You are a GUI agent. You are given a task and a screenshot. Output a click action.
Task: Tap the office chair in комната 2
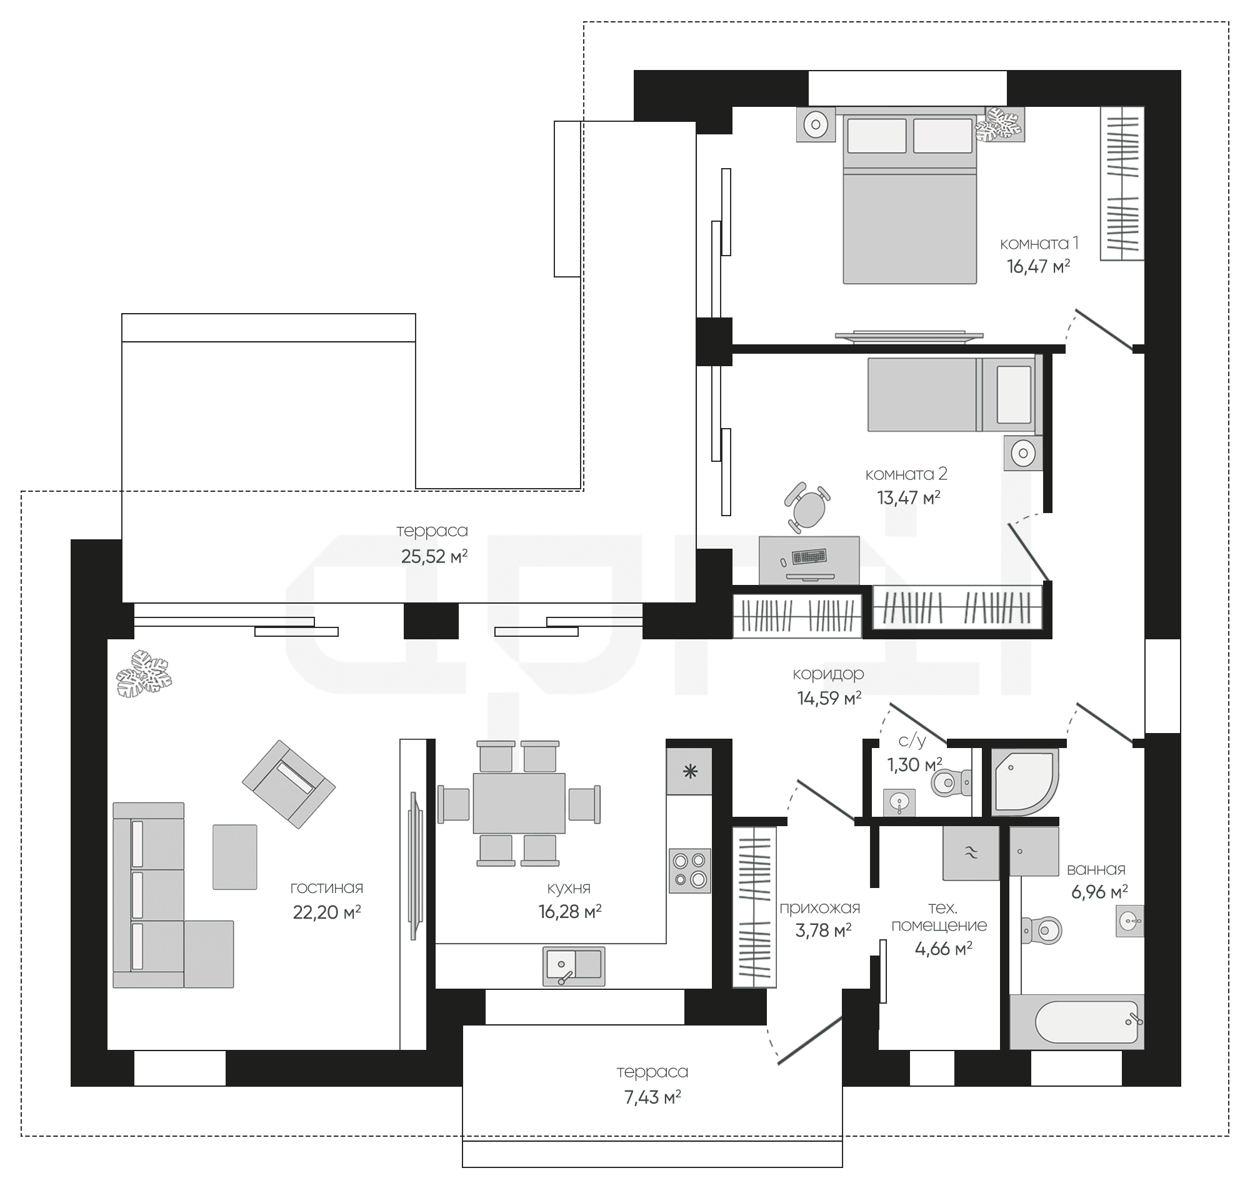point(809,507)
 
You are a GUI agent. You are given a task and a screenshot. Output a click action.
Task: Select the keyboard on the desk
point(809,557)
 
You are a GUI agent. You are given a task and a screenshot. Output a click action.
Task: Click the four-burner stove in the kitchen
point(689,871)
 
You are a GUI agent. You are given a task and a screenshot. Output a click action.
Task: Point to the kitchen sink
point(574,966)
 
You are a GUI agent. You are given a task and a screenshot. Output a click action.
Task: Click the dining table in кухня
point(519,803)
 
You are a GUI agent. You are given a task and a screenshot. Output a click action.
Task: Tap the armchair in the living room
point(288,784)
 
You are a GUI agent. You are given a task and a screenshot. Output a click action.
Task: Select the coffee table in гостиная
point(235,857)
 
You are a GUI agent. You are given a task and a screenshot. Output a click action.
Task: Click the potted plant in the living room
point(144,673)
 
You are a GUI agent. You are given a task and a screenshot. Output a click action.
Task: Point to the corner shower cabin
point(1024,782)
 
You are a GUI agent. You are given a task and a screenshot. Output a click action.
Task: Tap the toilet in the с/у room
point(952,782)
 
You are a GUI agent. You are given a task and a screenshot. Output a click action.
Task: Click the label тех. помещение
point(939,916)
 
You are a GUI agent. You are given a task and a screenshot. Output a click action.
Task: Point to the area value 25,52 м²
point(434,557)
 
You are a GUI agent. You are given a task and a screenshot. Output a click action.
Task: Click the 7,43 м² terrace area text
point(652,1097)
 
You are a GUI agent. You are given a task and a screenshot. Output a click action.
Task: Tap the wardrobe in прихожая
point(754,907)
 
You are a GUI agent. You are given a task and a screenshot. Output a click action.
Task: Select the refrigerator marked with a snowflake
point(689,771)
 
